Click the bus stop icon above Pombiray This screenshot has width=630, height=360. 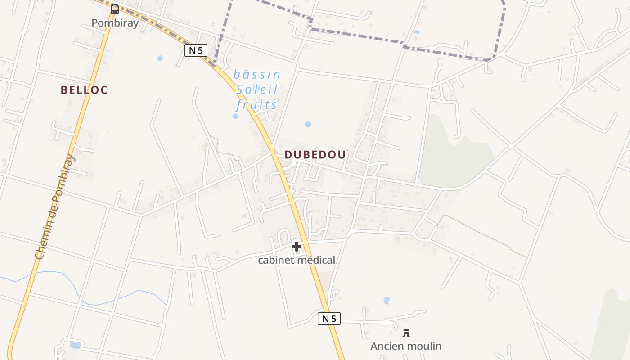(115, 9)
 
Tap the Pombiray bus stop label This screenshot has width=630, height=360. (115, 23)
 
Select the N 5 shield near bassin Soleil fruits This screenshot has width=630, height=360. (196, 50)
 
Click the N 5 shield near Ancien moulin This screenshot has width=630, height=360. (329, 319)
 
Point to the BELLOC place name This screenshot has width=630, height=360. (84, 90)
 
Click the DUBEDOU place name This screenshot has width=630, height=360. (315, 155)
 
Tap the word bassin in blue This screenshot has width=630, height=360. (257, 74)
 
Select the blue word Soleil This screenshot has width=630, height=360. (257, 90)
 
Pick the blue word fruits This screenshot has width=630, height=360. (256, 105)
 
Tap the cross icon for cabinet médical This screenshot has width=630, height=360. (296, 246)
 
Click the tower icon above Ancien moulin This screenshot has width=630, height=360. (406, 333)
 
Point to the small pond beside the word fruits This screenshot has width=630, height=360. (235, 116)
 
